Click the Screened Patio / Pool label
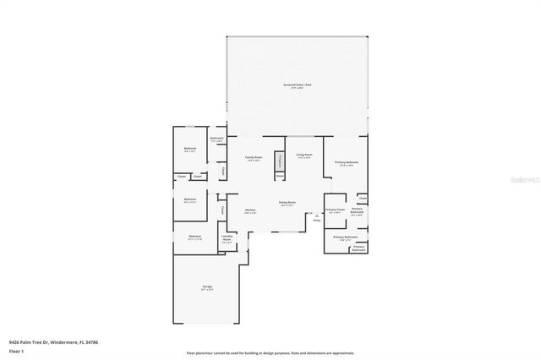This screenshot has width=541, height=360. tap(298, 85)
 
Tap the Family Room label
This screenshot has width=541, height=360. tap(254, 158)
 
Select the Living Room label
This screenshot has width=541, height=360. tap(304, 155)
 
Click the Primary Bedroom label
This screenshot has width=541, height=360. tap(346, 162)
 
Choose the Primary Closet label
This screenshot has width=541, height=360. tap(335, 210)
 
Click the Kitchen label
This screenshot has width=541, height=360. tap(250, 210)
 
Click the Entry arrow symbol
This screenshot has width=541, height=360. tap(317, 216)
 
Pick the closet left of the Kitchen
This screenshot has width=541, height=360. tap(222, 209)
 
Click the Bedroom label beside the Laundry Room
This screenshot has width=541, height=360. tap(194, 237)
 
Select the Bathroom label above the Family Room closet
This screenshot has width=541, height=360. tap(216, 139)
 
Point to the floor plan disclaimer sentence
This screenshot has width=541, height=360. tap(270, 352)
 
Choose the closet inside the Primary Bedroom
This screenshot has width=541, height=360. tap(363, 198)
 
